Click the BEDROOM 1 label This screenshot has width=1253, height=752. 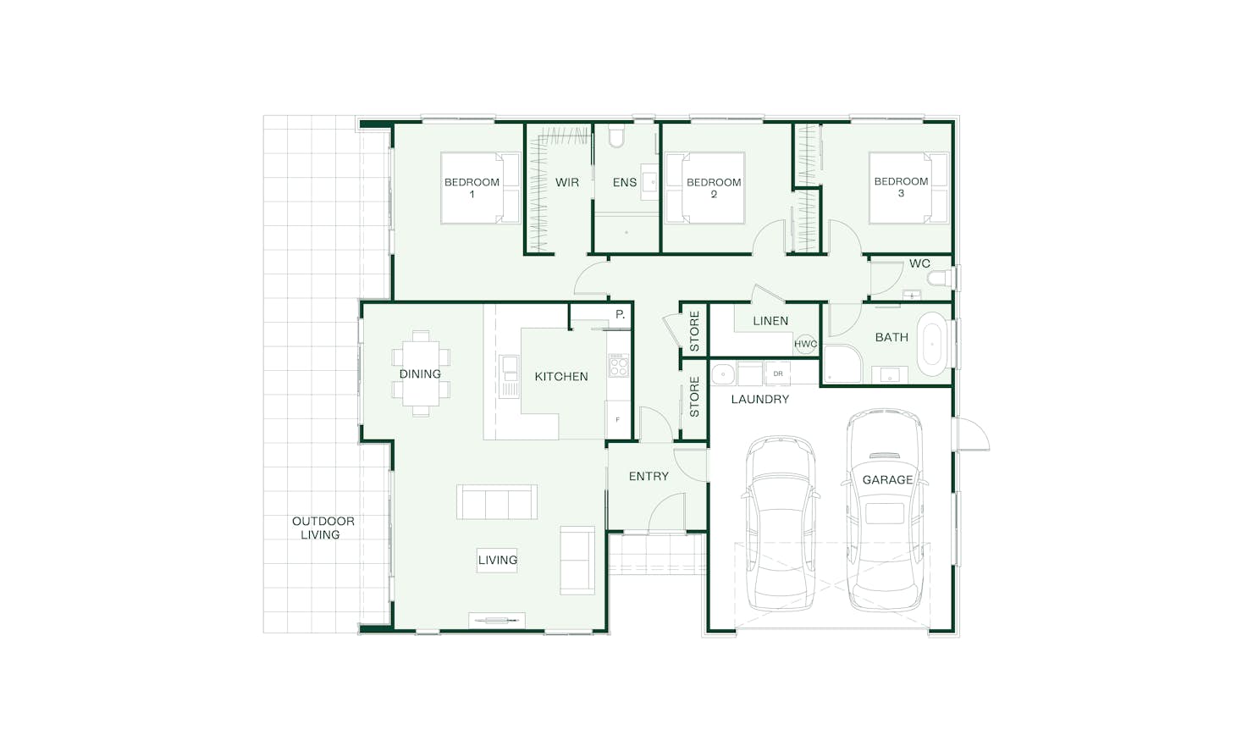472,188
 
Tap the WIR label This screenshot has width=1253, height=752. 566,182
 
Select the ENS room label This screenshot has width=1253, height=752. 624,182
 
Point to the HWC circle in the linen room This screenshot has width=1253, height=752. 805,344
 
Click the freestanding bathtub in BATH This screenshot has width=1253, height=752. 932,343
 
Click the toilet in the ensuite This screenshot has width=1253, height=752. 615,135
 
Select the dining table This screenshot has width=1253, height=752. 421,373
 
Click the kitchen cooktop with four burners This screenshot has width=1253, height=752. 618,365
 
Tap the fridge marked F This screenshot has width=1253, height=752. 617,419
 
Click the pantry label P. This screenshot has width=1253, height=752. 620,314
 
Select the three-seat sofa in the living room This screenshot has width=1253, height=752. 497,502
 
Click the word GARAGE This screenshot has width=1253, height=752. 887,479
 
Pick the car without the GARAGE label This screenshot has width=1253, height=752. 781,523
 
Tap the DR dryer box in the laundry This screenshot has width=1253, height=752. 777,373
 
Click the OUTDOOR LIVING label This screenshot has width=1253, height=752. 323,528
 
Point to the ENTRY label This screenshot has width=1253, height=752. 649,476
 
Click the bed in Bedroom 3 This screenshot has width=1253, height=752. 908,188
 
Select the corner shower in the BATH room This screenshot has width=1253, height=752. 842,364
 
